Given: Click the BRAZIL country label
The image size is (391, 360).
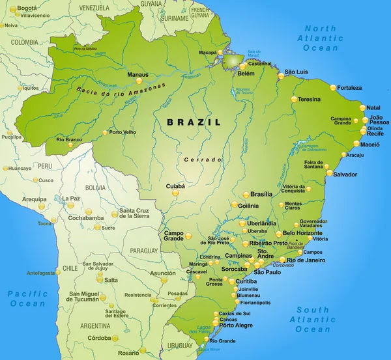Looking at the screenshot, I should coord(194,122).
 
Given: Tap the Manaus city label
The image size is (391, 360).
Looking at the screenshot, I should coord(138,75).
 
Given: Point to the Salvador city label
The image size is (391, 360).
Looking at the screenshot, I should coord(345,174).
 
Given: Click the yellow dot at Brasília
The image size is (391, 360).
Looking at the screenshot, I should coord(246,194).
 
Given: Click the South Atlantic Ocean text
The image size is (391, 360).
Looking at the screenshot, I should coord(313,320).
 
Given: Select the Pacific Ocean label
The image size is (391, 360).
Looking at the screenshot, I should coord(27,299).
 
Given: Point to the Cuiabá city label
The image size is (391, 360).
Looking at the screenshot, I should coord(176,186).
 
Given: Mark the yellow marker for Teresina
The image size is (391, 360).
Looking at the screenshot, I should coord(294,100).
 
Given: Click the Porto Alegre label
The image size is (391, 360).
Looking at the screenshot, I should coord(237,325).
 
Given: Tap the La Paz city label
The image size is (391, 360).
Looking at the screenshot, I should coord(71,198).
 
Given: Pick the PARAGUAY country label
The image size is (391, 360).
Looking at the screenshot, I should coord(144,250).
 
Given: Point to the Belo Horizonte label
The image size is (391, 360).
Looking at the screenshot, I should coord(303,233).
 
